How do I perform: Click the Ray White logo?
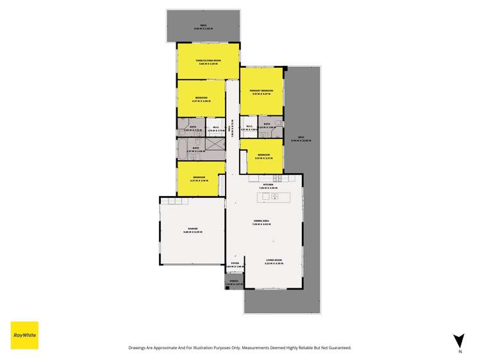tap(24, 335)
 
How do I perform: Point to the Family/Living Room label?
tap(208, 62)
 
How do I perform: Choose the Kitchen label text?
tap(268, 186)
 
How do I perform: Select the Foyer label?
tap(235, 264)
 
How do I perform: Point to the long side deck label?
tap(301, 139)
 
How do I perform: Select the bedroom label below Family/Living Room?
tap(201, 99)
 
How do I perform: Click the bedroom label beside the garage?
tap(200, 179)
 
